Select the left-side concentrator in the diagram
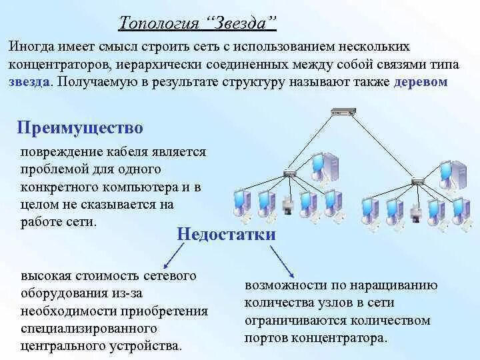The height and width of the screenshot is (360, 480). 289,173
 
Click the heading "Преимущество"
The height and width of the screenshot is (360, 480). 80,127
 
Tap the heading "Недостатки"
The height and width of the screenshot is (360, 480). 226,234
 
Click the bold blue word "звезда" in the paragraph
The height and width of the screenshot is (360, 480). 29,82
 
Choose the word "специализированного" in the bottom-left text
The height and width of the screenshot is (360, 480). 89,329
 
